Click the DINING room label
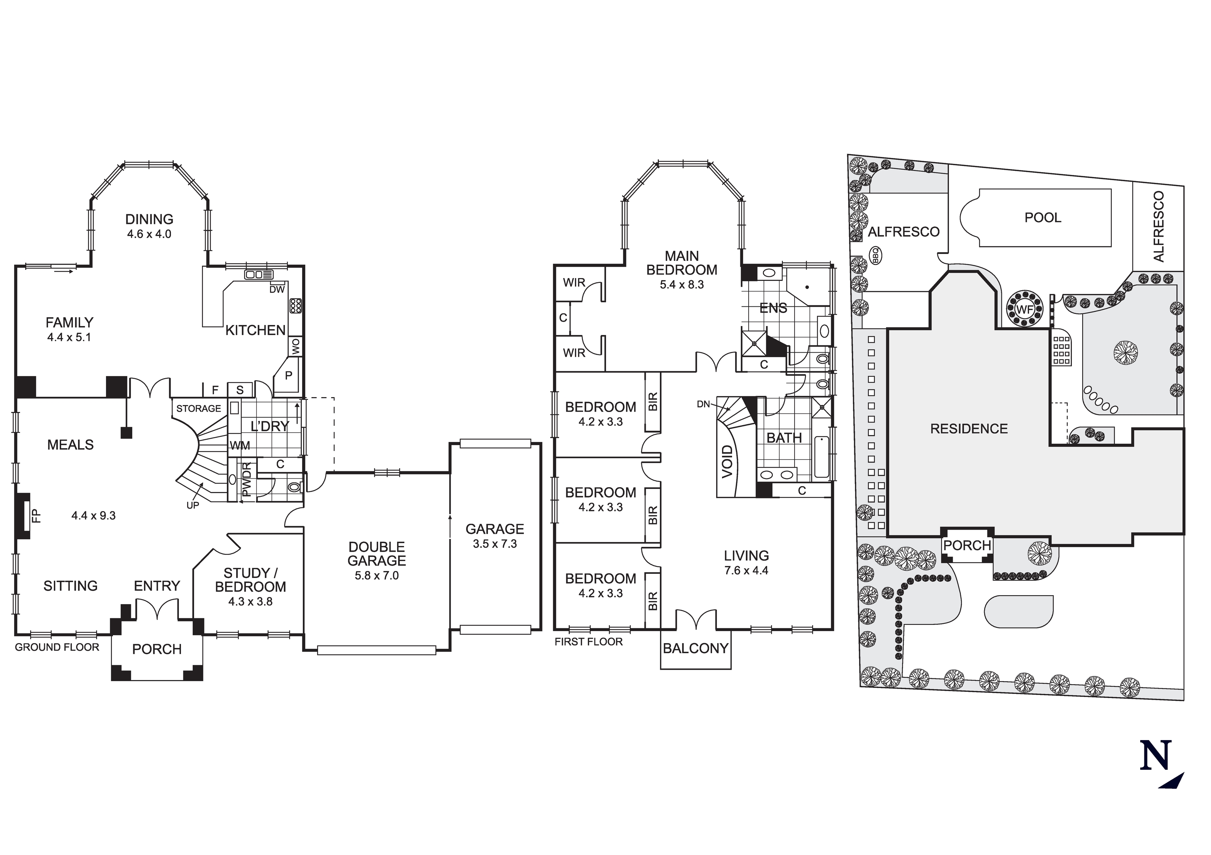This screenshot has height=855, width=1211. pos(149,219)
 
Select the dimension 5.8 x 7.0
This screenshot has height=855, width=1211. pos(377,576)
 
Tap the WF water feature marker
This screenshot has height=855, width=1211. pos(1025,310)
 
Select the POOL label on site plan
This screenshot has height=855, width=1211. pos(1043,218)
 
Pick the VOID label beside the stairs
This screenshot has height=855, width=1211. pos(727,462)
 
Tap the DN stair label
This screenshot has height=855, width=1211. pos(703,404)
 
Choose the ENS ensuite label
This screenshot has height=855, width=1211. pos(773,308)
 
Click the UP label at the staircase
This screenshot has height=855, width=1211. pos(193,505)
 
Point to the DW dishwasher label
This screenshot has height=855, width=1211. pos(277,289)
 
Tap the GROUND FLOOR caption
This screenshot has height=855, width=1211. pos(57,647)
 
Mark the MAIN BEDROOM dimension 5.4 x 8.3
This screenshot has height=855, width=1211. pos(681,285)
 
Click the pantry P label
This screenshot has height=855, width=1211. pos(289,375)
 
